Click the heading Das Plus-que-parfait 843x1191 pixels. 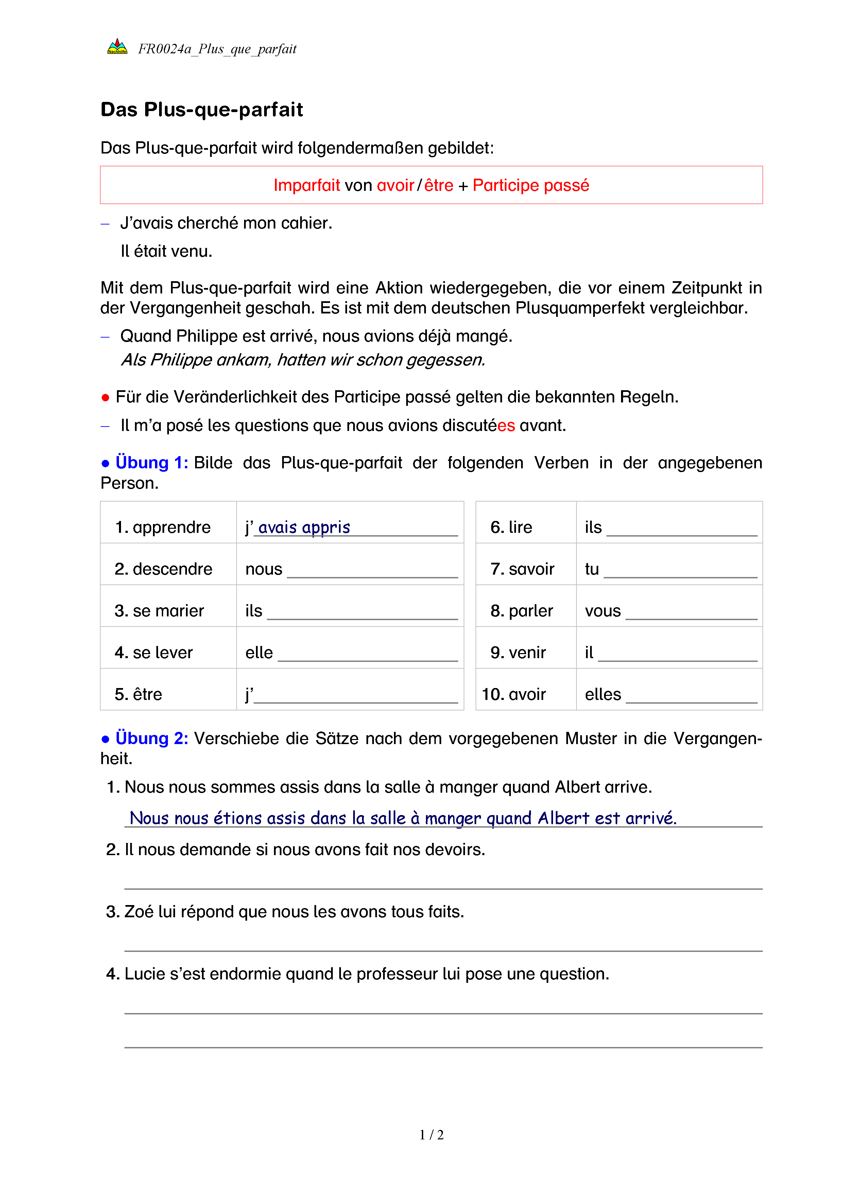(202, 109)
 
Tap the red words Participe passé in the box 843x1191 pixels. (531, 185)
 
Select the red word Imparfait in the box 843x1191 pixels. (306, 185)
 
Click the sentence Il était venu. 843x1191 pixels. (166, 251)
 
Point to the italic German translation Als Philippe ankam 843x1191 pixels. (196, 360)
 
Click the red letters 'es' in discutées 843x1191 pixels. (505, 425)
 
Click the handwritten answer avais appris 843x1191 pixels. (304, 527)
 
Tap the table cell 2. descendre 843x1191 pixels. (163, 569)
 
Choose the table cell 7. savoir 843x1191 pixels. (522, 569)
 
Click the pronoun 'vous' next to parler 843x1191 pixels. (602, 611)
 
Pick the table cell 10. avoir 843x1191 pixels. (514, 694)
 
